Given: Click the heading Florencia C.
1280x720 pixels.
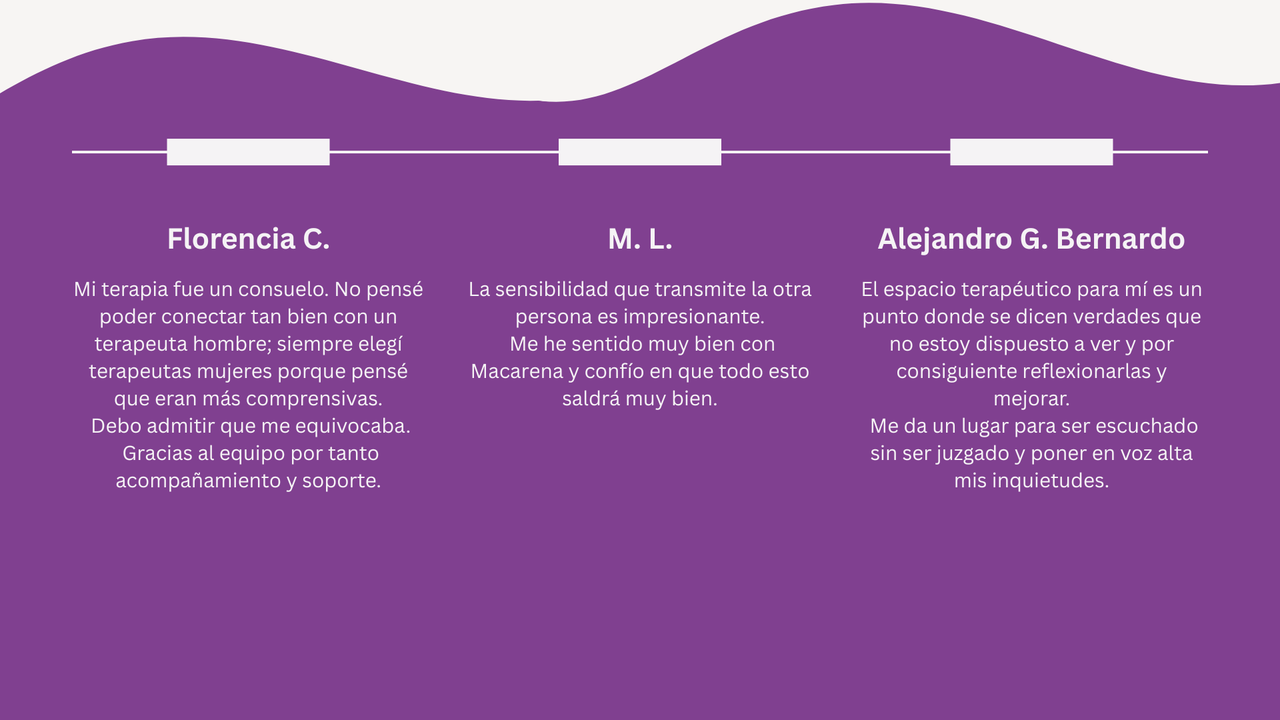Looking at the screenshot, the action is point(248,239).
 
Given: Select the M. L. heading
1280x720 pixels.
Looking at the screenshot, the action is point(640,239).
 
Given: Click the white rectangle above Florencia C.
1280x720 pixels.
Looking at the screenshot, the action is point(248,152).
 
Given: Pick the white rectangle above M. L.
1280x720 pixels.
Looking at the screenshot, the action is point(640,152).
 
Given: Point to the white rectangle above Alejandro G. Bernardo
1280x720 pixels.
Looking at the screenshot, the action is point(1031,152).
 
